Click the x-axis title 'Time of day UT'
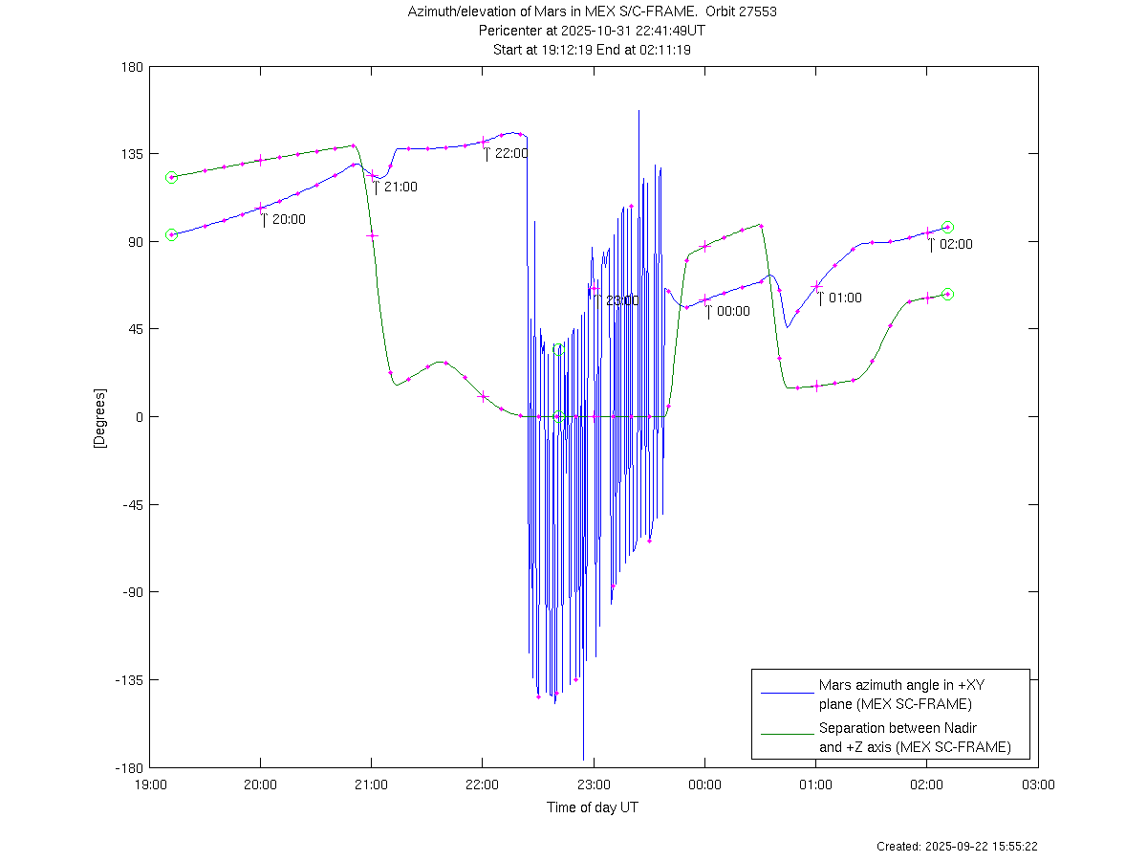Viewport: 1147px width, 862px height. [x=593, y=807]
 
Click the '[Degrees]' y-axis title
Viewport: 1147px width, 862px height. [x=98, y=417]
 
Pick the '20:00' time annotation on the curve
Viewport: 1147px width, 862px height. [x=289, y=220]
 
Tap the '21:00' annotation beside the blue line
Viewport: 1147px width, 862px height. [x=400, y=188]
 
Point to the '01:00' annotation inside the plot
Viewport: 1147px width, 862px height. [x=845, y=298]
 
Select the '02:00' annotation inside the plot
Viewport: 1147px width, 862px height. [x=956, y=245]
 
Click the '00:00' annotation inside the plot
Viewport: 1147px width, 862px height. [x=733, y=312]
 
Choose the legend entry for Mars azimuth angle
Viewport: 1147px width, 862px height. [x=895, y=695]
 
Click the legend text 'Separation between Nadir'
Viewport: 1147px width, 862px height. [x=898, y=728]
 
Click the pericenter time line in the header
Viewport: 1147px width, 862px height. [x=592, y=31]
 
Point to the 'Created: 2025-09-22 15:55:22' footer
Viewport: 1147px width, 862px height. [x=957, y=847]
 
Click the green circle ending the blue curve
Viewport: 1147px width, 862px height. [x=947, y=227]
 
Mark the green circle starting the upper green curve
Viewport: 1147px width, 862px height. [x=171, y=177]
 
